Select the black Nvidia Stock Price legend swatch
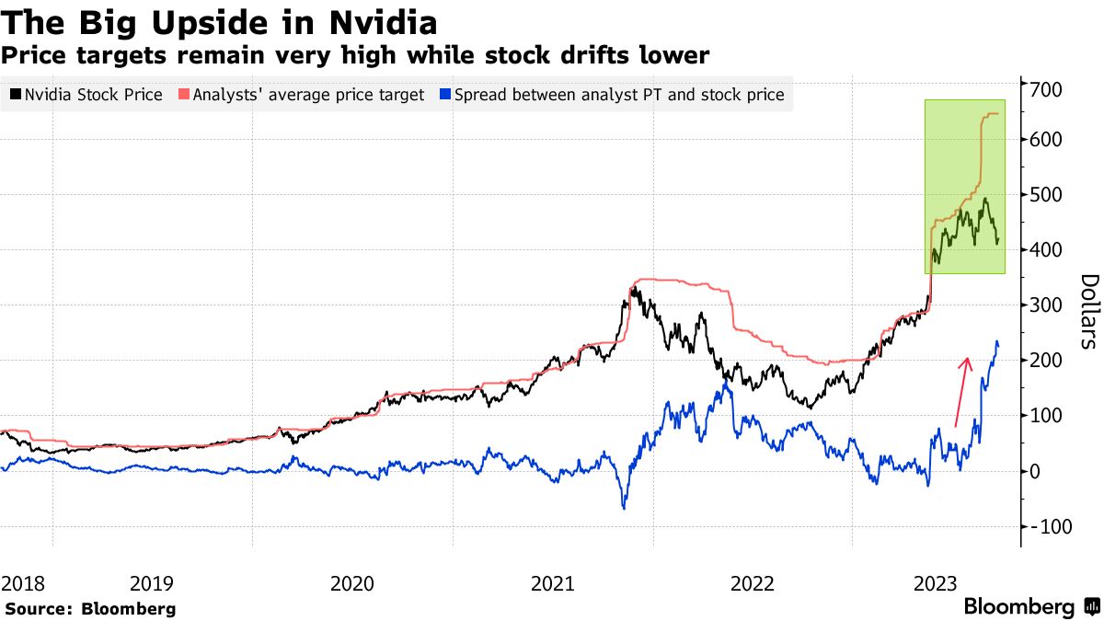pyautogui.click(x=16, y=94)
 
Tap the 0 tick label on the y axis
pyautogui.click(x=1037, y=471)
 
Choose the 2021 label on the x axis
pyautogui.click(x=552, y=583)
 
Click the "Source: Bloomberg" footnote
pyautogui.click(x=90, y=608)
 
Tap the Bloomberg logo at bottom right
pyautogui.click(x=1030, y=607)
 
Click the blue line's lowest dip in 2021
pyautogui.click(x=624, y=507)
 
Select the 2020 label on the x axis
pyautogui.click(x=351, y=583)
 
